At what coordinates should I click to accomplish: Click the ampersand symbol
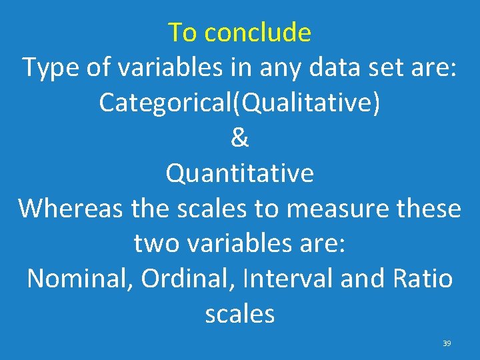click(x=240, y=138)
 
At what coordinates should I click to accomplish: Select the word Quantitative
click(x=240, y=173)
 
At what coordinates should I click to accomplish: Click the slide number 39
click(x=447, y=343)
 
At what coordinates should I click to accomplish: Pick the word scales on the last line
click(x=240, y=314)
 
